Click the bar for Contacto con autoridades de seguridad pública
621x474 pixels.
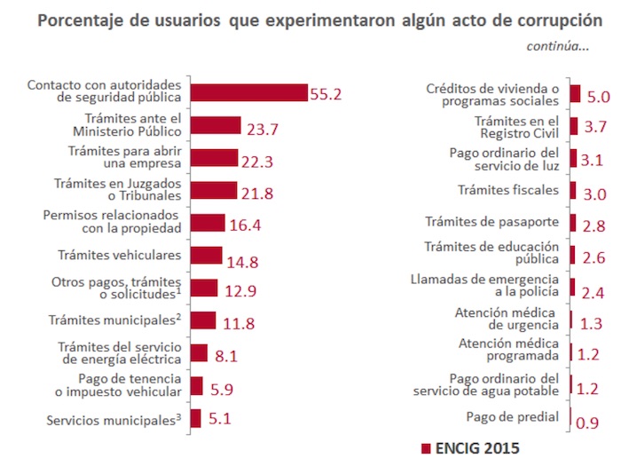click(248, 93)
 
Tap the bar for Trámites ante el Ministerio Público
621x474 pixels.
click(216, 126)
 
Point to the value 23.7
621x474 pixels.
click(263, 129)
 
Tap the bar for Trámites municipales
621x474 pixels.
click(203, 320)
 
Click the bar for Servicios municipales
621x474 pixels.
click(196, 418)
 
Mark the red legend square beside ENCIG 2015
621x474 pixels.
click(425, 448)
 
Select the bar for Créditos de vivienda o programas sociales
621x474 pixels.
click(575, 94)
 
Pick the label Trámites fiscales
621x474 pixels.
click(507, 190)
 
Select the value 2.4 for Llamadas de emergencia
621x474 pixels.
click(593, 290)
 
